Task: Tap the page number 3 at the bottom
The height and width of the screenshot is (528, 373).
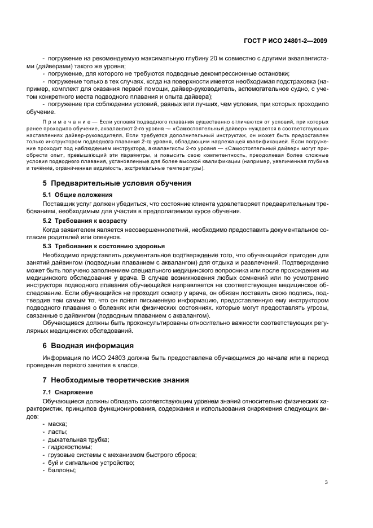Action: pyautogui.click(x=326, y=482)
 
